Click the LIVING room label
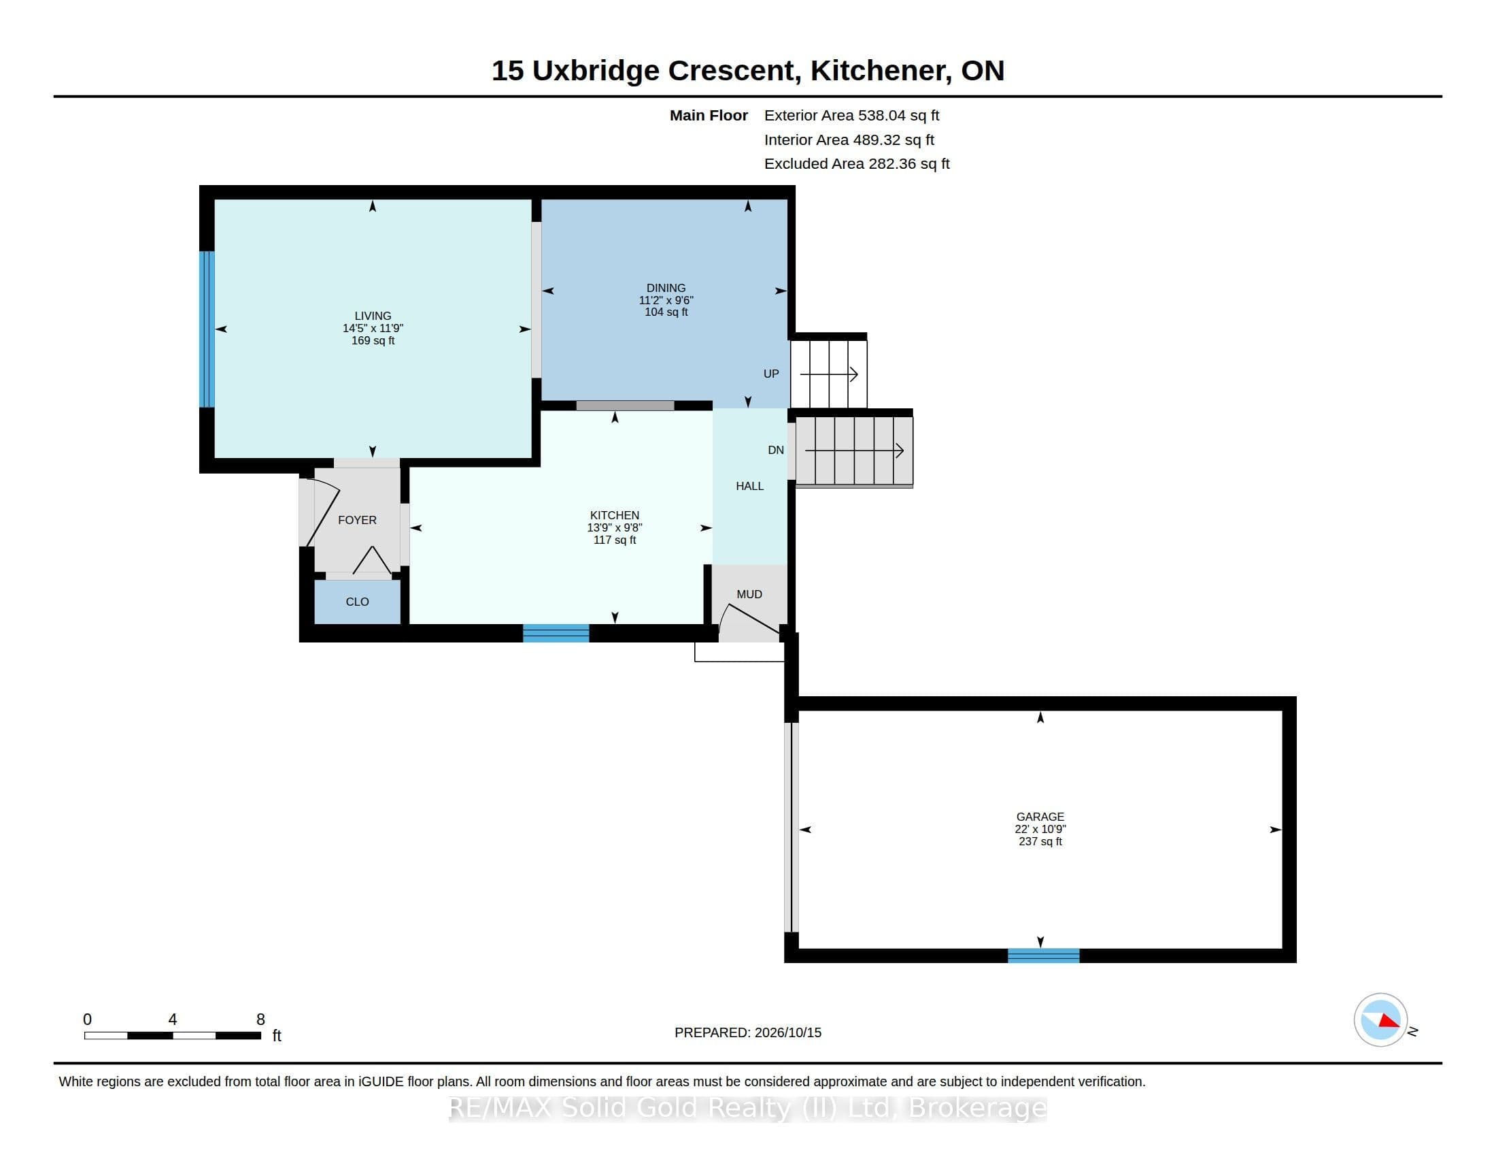coord(373,316)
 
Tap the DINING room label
coord(666,288)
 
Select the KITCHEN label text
coord(615,515)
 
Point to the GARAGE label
coord(1040,817)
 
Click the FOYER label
coord(357,520)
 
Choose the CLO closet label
coord(357,602)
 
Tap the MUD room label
coord(749,594)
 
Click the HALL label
coord(749,486)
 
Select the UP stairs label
coord(771,374)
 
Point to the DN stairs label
coord(775,451)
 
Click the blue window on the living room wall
coord(207,329)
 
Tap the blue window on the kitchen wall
coord(556,634)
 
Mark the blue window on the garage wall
coord(1043,956)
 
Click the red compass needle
coord(1389,1022)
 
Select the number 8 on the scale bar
coord(260,1020)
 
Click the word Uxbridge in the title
coord(595,71)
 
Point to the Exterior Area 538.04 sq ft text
coord(851,116)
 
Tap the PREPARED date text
coord(748,1032)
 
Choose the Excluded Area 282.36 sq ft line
coord(857,164)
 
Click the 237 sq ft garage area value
coord(1040,842)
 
